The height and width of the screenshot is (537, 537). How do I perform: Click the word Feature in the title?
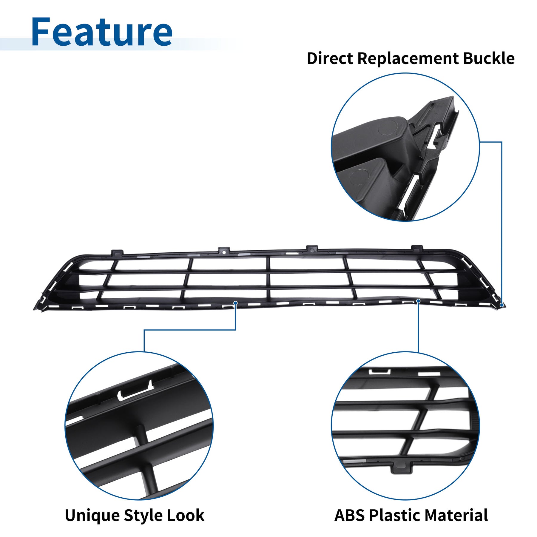tap(102, 32)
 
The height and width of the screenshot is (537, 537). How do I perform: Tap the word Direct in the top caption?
tap(330, 58)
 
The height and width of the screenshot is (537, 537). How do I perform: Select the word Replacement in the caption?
tap(408, 59)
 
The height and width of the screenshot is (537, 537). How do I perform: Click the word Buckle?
tap(489, 58)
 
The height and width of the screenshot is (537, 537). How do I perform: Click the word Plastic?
tap(395, 515)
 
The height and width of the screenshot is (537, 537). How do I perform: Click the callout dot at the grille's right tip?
tap(502, 305)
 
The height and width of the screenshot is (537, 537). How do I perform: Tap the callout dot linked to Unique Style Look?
tap(235, 303)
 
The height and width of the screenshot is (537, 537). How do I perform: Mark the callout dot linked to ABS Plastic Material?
tap(418, 301)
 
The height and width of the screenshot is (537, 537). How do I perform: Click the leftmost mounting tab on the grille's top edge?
tap(117, 253)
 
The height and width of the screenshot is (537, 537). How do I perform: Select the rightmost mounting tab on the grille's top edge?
tap(417, 248)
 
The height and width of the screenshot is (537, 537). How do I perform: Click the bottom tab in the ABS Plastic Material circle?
tap(401, 467)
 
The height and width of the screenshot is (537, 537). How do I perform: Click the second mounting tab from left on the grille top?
tap(224, 250)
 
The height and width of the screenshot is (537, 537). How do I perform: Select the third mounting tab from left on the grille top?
tap(312, 248)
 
